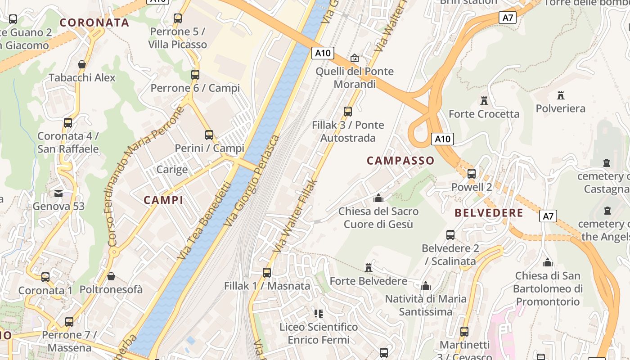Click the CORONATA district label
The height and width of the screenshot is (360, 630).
(94, 22)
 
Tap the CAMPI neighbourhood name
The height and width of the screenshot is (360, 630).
(163, 200)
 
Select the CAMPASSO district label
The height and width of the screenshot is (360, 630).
(400, 161)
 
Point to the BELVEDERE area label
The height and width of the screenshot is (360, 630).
(489, 213)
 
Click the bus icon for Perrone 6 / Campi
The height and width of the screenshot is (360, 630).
(195, 75)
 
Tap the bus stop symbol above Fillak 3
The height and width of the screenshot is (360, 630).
(347, 111)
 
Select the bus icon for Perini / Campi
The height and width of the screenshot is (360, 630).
(209, 135)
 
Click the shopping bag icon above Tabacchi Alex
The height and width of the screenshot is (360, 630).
(82, 64)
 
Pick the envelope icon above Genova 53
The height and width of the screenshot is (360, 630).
(58, 193)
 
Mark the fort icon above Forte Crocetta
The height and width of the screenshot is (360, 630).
(484, 100)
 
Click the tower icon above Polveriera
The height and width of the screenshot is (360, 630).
(560, 95)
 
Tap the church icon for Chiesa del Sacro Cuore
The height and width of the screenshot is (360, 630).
(378, 198)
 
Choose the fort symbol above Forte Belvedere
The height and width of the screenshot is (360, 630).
(369, 268)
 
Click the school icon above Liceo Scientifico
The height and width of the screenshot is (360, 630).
(319, 313)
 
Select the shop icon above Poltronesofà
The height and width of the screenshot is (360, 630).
(111, 276)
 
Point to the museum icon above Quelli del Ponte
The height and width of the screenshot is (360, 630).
(355, 58)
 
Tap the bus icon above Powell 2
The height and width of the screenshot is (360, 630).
(471, 174)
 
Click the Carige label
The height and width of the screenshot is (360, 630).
(172, 170)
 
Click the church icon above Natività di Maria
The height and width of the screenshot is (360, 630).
(426, 285)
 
